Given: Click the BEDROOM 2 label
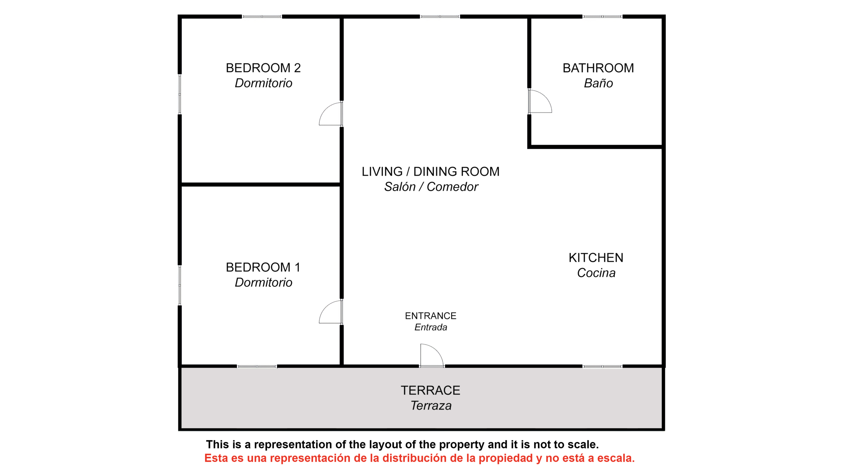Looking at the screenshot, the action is (x=263, y=68).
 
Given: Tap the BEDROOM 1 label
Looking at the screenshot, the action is (x=263, y=267).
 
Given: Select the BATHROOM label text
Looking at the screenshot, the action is (x=598, y=68).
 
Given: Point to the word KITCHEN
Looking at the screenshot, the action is (x=596, y=258).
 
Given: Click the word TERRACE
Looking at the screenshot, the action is (x=430, y=390).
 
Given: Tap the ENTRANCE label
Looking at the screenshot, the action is (x=430, y=316).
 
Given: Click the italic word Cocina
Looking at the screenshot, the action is (x=596, y=273).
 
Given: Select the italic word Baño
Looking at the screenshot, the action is (x=598, y=83).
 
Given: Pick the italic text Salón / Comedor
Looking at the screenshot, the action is (x=431, y=187).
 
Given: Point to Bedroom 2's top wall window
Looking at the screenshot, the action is (x=262, y=16).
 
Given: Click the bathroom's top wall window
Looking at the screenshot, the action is (x=602, y=16).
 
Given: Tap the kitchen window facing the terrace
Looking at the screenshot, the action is (x=602, y=366).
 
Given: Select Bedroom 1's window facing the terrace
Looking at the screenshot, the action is (x=257, y=366).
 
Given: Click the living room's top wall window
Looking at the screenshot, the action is (x=440, y=16).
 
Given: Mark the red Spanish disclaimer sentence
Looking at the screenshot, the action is (x=420, y=458).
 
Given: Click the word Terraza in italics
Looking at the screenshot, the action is (x=431, y=406).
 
